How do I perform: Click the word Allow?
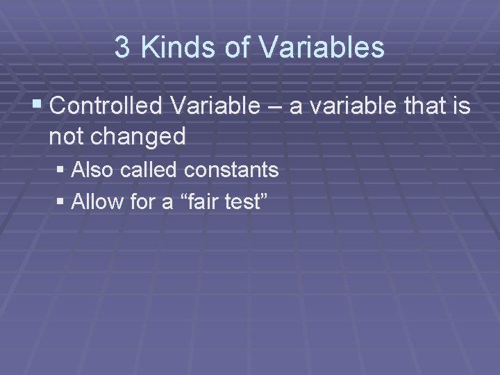coord(95,202)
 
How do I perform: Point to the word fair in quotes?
coord(197,202)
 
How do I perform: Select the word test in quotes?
coord(246,202)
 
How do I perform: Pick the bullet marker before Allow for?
coord(62,203)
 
